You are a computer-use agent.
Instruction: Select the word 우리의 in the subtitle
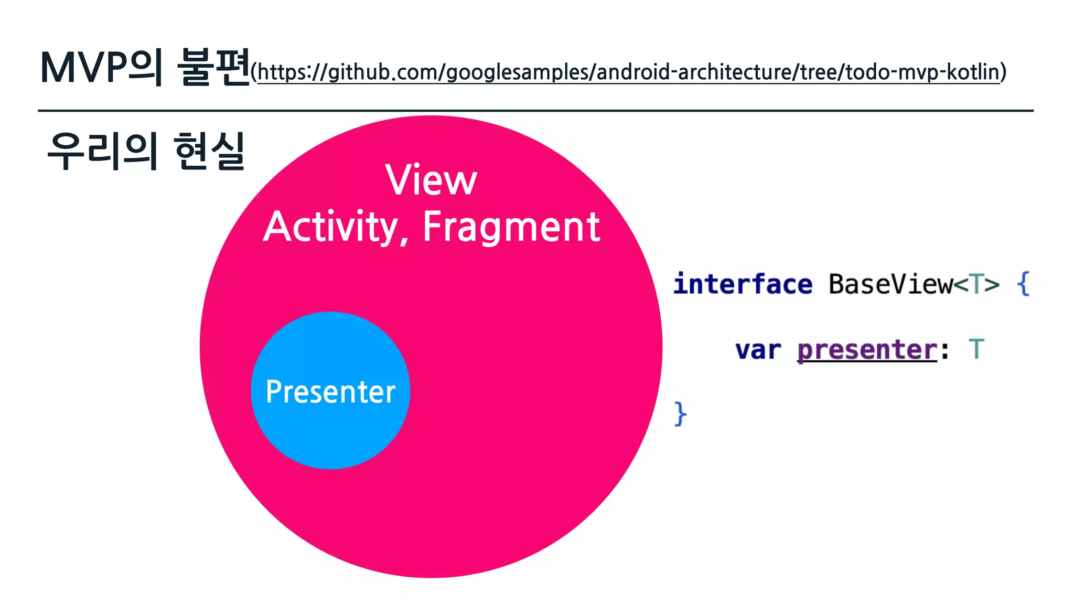click(102, 152)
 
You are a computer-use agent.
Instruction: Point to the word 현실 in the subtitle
click(209, 152)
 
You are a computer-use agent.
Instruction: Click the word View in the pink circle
click(431, 180)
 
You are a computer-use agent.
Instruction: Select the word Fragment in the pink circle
click(511, 227)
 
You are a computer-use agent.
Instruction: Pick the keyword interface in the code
click(743, 284)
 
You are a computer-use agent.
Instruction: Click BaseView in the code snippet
click(890, 284)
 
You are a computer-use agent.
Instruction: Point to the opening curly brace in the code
click(1023, 284)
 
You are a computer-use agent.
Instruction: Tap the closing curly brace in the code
click(680, 414)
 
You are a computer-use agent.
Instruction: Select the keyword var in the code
click(758, 350)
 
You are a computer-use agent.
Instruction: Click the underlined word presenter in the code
click(867, 350)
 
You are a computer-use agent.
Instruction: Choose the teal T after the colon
click(976, 349)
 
